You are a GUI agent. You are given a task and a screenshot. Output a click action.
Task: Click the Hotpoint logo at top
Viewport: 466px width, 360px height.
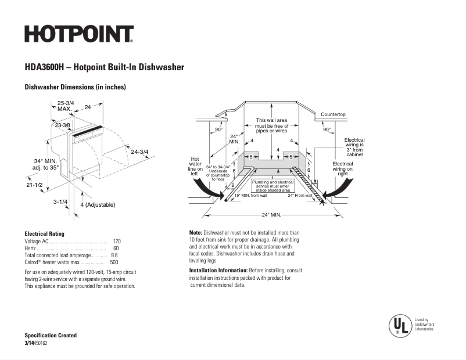click(79, 34)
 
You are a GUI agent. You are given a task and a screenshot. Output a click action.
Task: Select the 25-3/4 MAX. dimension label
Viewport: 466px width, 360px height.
click(65, 106)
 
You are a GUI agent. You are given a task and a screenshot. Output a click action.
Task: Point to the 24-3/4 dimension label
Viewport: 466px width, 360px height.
click(139, 152)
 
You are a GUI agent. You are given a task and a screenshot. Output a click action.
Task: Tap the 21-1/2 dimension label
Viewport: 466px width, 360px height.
click(34, 185)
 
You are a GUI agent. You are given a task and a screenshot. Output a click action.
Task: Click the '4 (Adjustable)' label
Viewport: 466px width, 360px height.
click(97, 205)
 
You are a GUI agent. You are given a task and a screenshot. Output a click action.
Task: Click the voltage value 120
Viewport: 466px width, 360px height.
click(117, 241)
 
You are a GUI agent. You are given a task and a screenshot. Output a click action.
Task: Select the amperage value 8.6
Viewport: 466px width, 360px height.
click(114, 255)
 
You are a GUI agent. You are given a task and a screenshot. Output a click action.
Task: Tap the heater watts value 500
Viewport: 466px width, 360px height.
click(114, 262)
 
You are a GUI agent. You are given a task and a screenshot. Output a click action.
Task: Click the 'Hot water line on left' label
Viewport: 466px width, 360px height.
click(196, 166)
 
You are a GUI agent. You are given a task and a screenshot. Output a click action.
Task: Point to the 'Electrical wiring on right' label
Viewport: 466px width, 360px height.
click(342, 168)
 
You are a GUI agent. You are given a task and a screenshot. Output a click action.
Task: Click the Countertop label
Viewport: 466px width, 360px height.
click(333, 114)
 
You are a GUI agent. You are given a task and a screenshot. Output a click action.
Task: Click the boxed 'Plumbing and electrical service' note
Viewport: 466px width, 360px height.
click(272, 186)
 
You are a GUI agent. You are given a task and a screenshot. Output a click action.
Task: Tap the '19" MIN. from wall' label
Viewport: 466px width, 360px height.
click(250, 196)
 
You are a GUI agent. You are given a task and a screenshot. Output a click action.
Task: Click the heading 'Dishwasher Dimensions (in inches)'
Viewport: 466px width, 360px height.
click(75, 87)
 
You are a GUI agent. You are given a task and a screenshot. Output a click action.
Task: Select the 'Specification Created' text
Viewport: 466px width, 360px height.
click(50, 336)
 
